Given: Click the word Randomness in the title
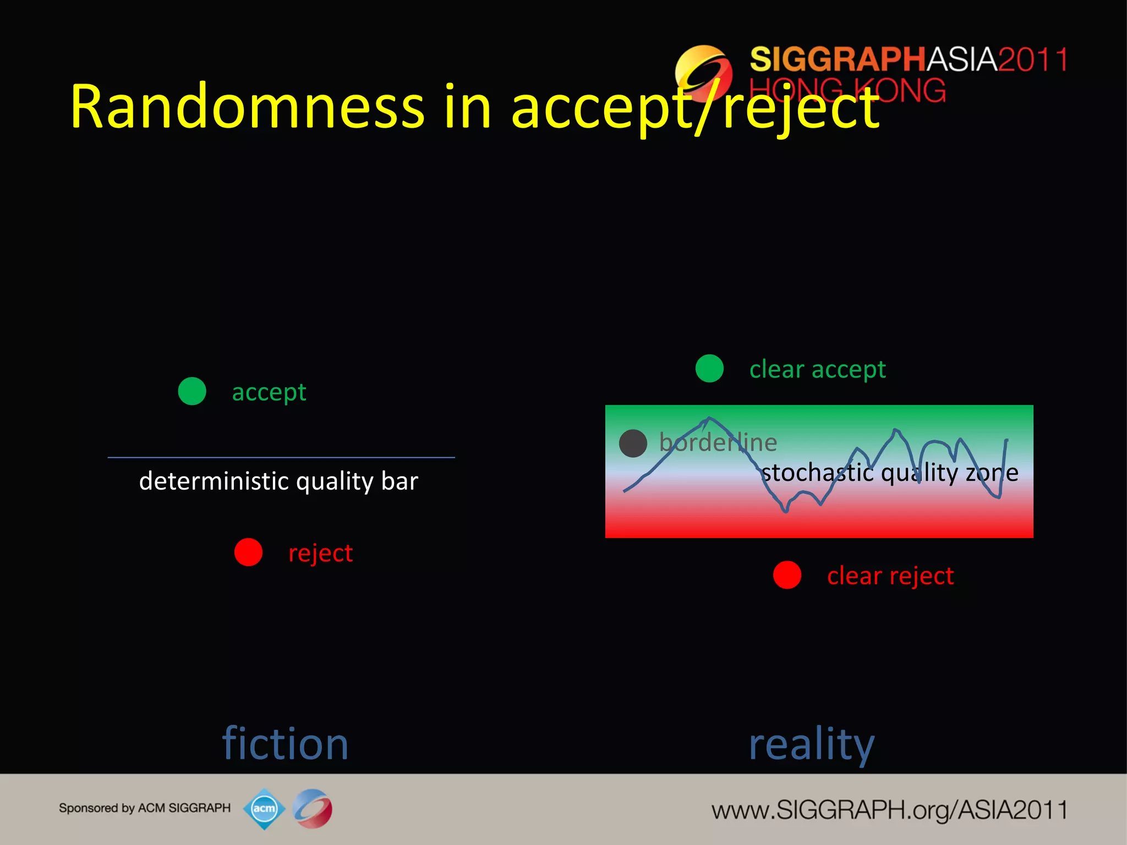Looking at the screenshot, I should point(248,107).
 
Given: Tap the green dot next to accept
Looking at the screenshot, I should point(192,391).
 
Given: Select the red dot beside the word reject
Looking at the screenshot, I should point(248,552).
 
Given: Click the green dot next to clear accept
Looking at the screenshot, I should point(709,369).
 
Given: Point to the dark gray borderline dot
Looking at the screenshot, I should point(633,443).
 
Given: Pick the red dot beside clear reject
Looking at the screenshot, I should point(787,575).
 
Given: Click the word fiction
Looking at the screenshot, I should point(285,744).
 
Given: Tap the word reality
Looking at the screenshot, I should point(811,744).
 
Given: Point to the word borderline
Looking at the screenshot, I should point(718,443).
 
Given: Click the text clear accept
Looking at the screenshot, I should point(818,369).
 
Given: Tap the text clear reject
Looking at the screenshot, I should point(890,576).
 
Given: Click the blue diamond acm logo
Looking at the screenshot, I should point(264,809).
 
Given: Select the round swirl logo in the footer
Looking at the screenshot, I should point(313,809).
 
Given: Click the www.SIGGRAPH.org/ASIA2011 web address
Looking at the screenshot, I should point(889,810).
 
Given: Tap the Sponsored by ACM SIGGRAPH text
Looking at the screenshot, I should point(145,808).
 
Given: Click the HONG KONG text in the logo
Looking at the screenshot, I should point(847,91).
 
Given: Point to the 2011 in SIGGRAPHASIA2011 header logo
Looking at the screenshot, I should point(1032,59).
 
